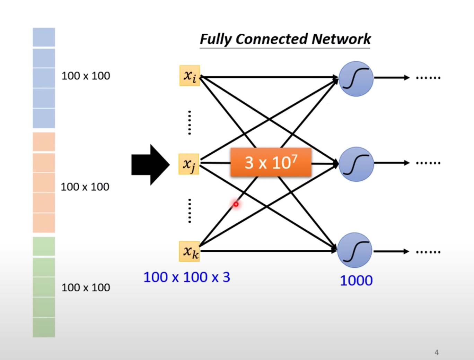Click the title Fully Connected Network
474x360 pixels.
(285, 39)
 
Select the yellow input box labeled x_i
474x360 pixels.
(190, 76)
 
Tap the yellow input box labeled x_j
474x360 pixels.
(189, 164)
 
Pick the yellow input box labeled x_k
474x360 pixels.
(190, 251)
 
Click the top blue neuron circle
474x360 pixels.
(356, 78)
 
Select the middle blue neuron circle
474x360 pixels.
(356, 164)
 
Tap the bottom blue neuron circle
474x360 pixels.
(355, 250)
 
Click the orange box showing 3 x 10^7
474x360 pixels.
(271, 162)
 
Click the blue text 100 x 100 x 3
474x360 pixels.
(186, 277)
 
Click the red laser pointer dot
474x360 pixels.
(236, 204)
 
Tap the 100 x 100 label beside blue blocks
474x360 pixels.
(86, 76)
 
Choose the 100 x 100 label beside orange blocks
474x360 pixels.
(85, 187)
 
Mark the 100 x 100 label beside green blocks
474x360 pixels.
(86, 288)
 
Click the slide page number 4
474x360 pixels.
(437, 353)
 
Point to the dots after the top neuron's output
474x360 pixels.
(428, 78)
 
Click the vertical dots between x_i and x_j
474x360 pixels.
(189, 122)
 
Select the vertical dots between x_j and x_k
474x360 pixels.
(189, 211)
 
